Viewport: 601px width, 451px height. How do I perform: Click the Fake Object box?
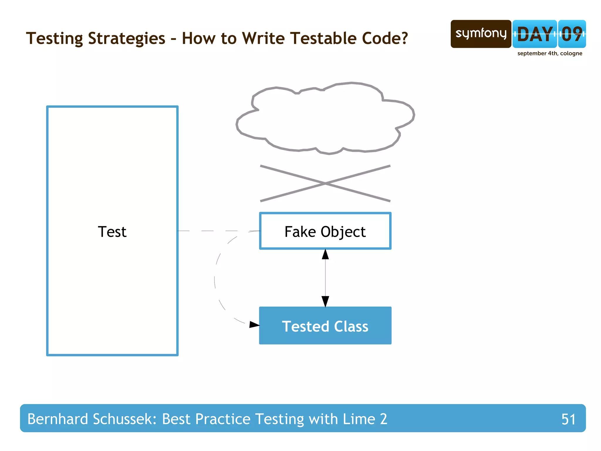[325, 231]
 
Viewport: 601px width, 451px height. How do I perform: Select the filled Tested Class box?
[325, 326]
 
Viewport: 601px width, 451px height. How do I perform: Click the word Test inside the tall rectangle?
[112, 232]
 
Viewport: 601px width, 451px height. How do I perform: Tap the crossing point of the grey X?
[325, 183]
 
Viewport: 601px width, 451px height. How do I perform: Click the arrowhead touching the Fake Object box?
[325, 254]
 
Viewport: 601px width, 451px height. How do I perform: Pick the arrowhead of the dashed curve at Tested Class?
[254, 324]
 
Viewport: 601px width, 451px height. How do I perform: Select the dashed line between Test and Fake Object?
[219, 231]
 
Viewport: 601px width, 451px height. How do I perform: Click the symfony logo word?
[481, 33]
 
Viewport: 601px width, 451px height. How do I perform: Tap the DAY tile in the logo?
[534, 34]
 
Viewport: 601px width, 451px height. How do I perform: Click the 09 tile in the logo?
[572, 34]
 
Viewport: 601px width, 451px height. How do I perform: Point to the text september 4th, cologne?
[550, 53]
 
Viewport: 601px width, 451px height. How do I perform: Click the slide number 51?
[568, 419]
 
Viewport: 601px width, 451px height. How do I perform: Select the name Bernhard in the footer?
[58, 419]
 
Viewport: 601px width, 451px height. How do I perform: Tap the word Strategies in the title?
[126, 38]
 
